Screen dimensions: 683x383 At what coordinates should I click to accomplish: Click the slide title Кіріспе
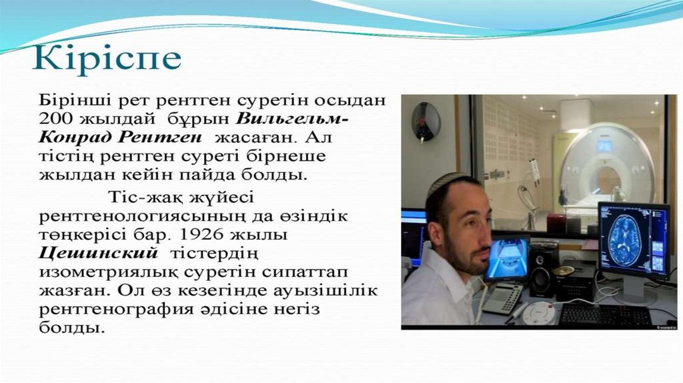pos(107,58)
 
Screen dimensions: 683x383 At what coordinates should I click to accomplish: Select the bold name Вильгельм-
pos(294,119)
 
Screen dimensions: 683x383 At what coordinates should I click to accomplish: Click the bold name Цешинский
pos(98,254)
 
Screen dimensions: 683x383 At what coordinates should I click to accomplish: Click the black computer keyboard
pos(606,316)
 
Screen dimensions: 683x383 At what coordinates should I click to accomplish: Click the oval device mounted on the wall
pos(425,121)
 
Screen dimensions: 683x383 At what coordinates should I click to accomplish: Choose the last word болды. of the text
pos(72,328)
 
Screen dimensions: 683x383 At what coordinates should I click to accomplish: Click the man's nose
pos(488,240)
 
